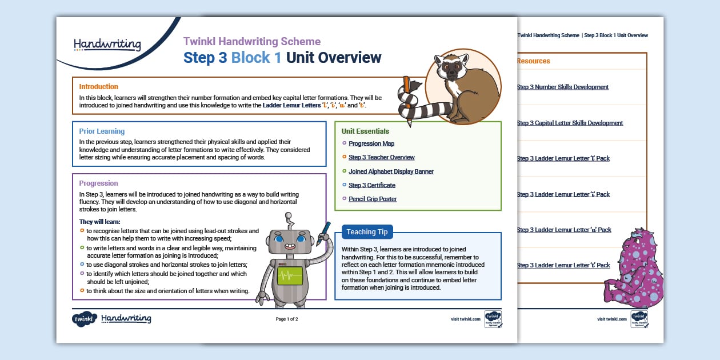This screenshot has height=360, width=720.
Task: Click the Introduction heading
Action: click(x=98, y=87)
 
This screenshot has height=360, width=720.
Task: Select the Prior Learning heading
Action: click(x=102, y=131)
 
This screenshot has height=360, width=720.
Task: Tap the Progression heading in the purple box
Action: click(x=98, y=183)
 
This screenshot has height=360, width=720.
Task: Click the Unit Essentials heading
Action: click(x=365, y=131)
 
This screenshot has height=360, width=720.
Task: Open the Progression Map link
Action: click(x=371, y=144)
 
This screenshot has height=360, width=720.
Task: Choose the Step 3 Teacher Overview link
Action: click(x=381, y=158)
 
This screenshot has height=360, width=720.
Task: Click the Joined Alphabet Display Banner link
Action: click(x=391, y=171)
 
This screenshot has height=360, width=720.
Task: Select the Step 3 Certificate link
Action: click(x=371, y=185)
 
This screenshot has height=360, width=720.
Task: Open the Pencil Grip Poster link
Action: click(x=373, y=199)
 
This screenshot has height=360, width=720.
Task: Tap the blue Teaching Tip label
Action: click(x=367, y=232)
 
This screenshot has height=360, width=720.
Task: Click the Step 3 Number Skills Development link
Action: click(x=562, y=87)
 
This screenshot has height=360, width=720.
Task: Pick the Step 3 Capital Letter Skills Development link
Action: click(x=569, y=123)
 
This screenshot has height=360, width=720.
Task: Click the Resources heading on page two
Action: click(x=533, y=61)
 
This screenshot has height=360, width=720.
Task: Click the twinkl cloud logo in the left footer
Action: click(x=84, y=319)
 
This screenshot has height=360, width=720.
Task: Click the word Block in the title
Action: click(x=256, y=58)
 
